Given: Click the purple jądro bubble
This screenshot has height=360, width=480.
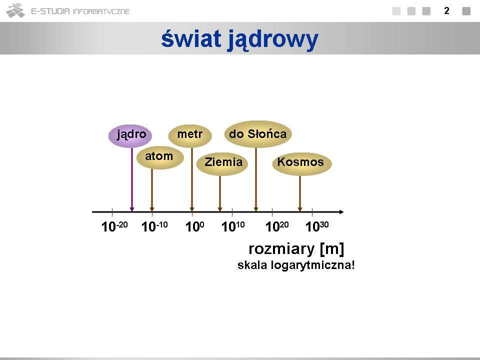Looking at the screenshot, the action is (130, 136).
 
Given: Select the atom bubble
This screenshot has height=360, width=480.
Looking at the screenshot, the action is (160, 157).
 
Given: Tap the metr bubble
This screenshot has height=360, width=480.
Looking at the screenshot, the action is (190, 136).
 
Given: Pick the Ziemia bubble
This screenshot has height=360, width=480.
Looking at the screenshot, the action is (222, 164).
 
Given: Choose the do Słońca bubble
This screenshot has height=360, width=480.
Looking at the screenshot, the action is (258, 134).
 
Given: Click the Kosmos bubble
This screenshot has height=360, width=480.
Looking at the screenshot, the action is (302, 164).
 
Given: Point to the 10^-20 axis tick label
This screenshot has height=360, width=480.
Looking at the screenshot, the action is (114, 226).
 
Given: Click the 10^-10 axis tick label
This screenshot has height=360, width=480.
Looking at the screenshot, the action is (154, 226).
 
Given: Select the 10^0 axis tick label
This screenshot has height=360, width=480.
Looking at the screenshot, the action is (194, 226).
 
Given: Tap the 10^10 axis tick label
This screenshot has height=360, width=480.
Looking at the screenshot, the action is (233, 226).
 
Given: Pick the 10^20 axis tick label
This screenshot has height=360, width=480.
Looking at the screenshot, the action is (277, 226).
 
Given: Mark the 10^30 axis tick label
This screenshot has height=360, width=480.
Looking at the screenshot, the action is (317, 226).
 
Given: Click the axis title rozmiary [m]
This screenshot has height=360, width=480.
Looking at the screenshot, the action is (296, 249).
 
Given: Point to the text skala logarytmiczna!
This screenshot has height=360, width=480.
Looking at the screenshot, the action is (296, 265).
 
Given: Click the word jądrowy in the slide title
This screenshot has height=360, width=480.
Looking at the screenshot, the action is (273, 40).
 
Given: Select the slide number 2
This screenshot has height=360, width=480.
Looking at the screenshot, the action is (446, 11).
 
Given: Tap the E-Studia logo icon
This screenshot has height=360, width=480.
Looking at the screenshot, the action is (15, 10).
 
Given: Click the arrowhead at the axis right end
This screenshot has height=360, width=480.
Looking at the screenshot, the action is (342, 212).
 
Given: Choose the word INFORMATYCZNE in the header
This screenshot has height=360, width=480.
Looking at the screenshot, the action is (101, 11).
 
